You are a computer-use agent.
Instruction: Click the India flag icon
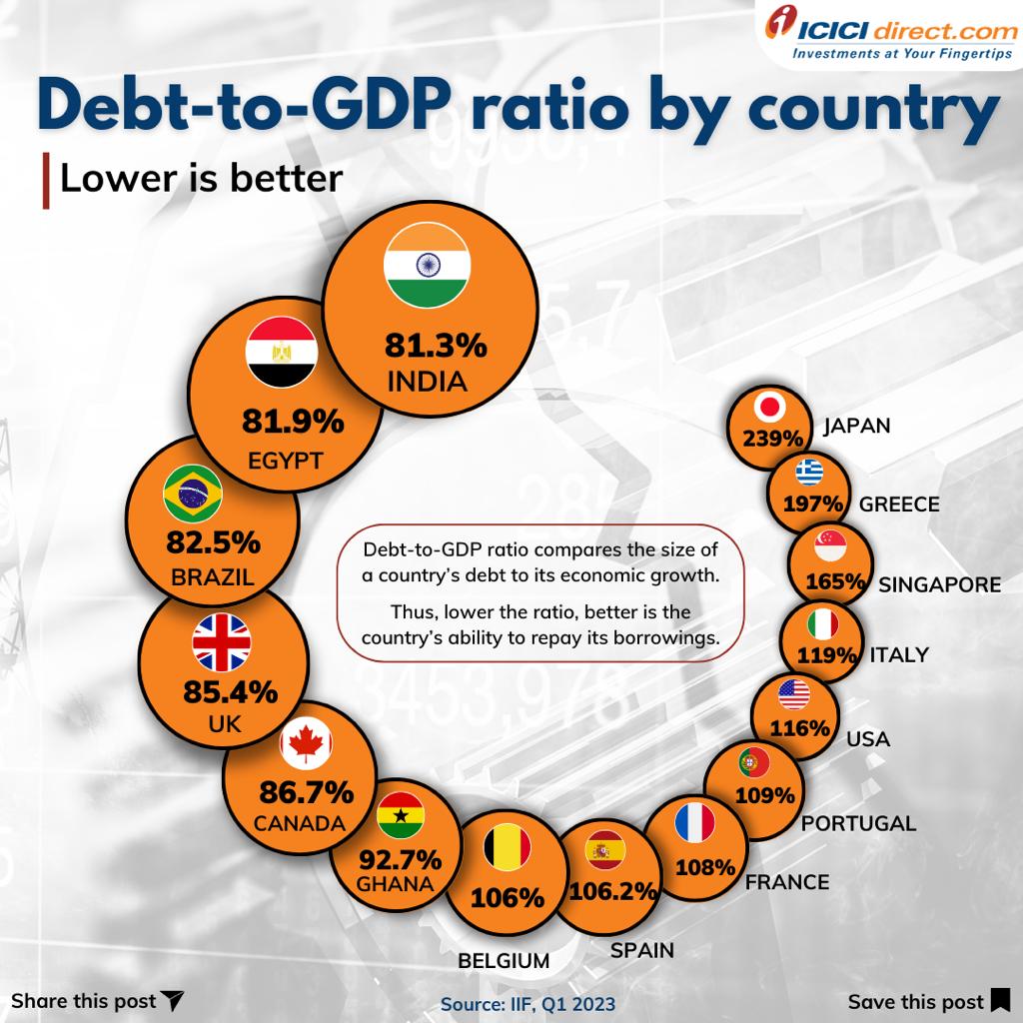[427, 268]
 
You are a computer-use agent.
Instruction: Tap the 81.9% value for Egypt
[293, 422]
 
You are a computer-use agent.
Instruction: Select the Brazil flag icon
[192, 492]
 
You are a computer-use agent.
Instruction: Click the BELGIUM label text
[504, 961]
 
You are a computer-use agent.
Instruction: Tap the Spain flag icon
[603, 851]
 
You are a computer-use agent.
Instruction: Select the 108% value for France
[705, 866]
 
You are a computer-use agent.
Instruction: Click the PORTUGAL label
[858, 823]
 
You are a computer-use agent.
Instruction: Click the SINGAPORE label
[939, 584]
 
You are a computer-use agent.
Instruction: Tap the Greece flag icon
[808, 471]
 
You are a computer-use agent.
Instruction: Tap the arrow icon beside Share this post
[173, 1000]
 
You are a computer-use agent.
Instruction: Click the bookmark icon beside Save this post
[1000, 1000]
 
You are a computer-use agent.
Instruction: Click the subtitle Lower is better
[201, 179]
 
